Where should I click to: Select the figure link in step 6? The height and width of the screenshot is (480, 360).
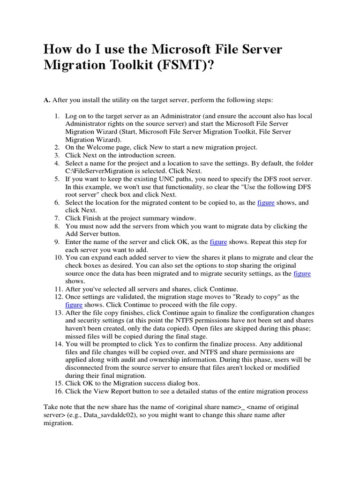[x=266, y=202]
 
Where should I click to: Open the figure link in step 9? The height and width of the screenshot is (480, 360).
[x=218, y=242]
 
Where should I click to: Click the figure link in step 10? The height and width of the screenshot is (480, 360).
[x=302, y=273]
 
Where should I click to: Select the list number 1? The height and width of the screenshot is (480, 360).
[x=57, y=116]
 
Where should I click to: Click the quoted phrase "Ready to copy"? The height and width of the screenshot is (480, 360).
[x=255, y=297]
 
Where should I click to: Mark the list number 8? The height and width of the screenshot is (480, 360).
[x=57, y=226]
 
